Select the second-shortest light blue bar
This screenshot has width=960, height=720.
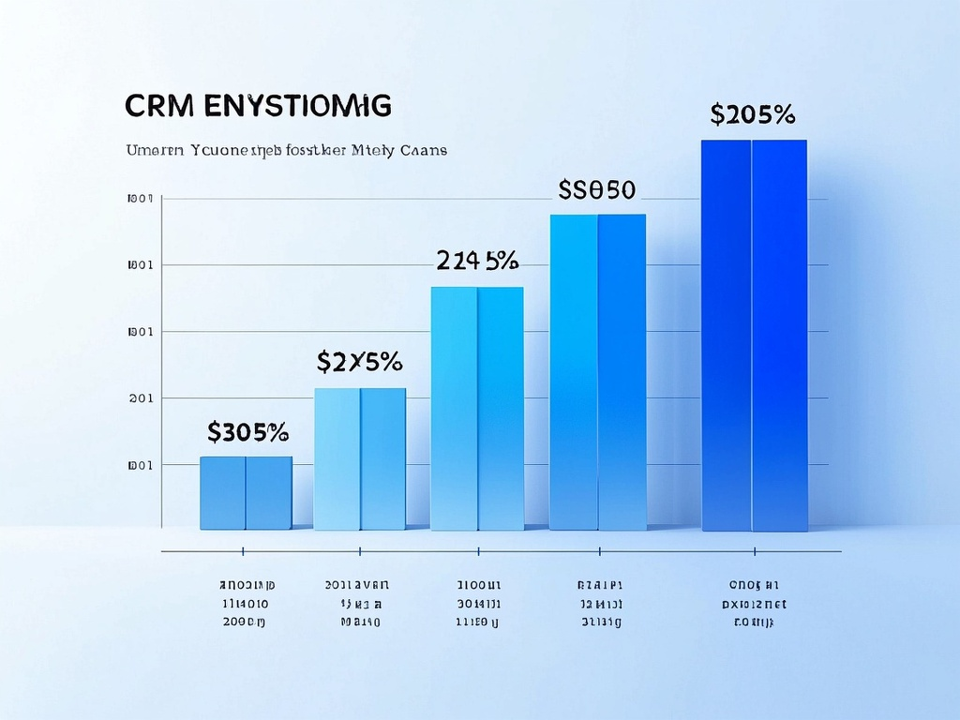[x=360, y=458]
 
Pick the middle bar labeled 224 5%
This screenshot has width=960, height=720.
[x=477, y=408]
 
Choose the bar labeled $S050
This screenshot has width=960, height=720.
[x=597, y=371]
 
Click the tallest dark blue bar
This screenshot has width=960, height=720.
[x=754, y=335]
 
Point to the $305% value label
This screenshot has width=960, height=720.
[x=247, y=432]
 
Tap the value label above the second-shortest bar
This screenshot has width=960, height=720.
[x=359, y=361]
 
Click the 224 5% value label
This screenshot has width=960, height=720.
[x=477, y=259]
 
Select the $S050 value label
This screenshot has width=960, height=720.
[x=596, y=189]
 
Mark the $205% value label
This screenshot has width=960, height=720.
[x=753, y=114]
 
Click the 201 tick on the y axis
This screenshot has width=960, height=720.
[x=140, y=398]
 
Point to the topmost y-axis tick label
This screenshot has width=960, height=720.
[x=139, y=199]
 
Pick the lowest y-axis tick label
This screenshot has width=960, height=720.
[x=139, y=465]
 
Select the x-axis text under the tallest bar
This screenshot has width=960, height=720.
[x=754, y=602]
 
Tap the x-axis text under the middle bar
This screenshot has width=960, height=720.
[x=477, y=602]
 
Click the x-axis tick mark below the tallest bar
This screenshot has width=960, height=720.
[x=754, y=552]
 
